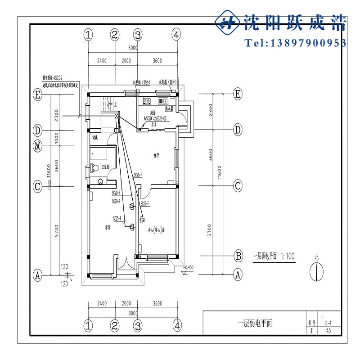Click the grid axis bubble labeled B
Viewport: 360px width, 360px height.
click(x=238, y=256)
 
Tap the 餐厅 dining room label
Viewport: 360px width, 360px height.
click(x=157, y=156)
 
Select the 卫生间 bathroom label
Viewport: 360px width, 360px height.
click(x=107, y=167)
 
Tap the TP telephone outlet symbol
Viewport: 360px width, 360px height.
click(x=132, y=207)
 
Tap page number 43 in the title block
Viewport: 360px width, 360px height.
click(x=328, y=330)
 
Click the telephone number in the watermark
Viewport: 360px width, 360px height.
click(x=295, y=43)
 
